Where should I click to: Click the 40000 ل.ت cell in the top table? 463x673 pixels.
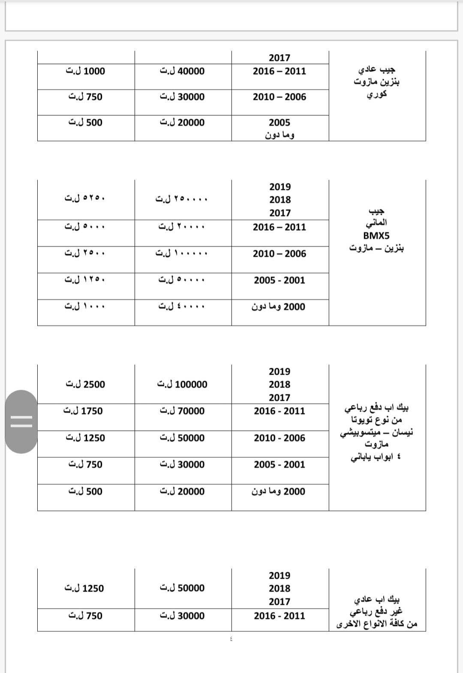click(x=182, y=71)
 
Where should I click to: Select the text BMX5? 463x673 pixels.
click(x=376, y=236)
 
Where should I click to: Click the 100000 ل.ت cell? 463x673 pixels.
click(x=182, y=385)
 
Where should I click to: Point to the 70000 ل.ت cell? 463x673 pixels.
click(x=182, y=411)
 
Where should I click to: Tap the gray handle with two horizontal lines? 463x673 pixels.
click(x=21, y=422)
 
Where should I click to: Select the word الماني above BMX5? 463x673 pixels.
click(x=376, y=223)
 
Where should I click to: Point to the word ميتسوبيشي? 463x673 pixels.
click(x=358, y=433)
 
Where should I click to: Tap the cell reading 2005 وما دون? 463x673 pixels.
click(x=280, y=129)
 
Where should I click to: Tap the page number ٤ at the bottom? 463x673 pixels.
click(x=231, y=639)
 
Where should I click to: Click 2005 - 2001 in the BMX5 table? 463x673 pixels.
click(x=280, y=280)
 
